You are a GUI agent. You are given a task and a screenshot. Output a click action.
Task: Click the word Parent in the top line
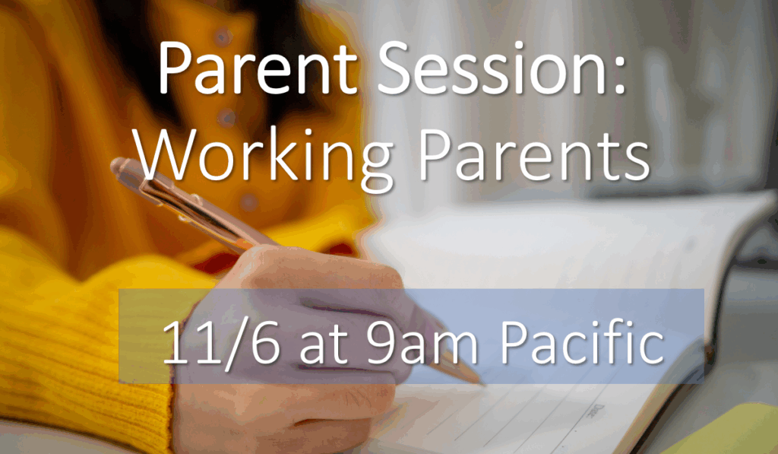pyautogui.click(x=257, y=68)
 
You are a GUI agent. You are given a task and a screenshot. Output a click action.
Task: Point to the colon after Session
pyautogui.click(x=618, y=75)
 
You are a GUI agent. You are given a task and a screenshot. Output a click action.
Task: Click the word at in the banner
pyautogui.click(x=324, y=346)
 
